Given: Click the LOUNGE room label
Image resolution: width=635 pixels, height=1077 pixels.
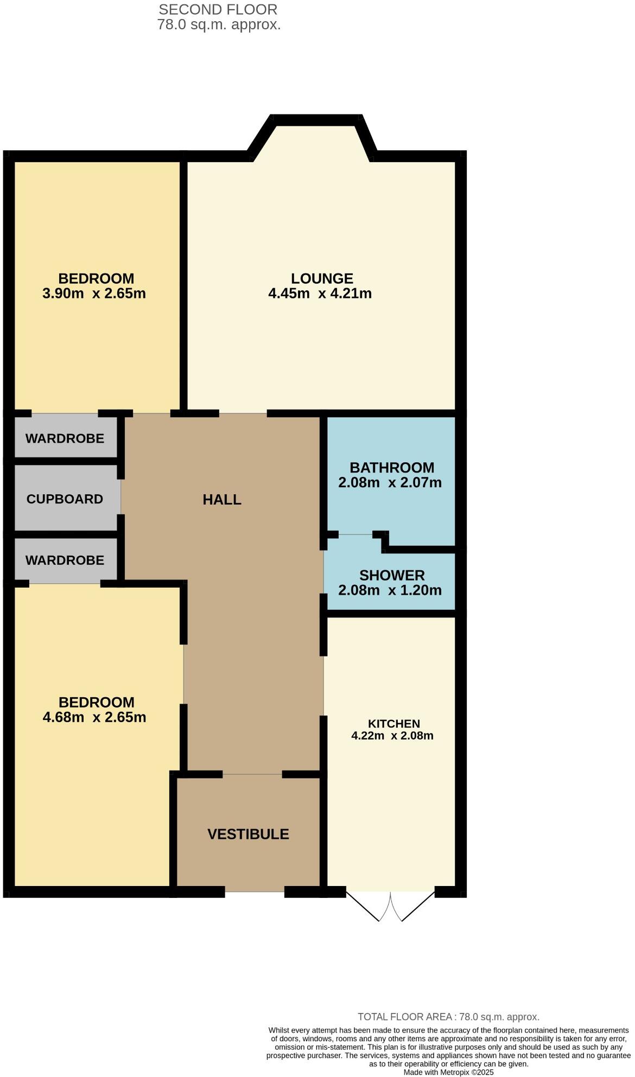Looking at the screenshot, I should click(x=322, y=278).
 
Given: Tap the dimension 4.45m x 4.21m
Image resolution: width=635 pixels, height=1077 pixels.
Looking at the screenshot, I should click(x=320, y=294).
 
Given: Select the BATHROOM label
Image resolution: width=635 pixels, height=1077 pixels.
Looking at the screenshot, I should click(x=391, y=468).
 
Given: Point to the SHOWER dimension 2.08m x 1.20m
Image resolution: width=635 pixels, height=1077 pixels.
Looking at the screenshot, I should click(x=390, y=590).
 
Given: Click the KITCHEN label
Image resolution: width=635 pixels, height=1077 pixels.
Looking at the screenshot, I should click(x=393, y=724).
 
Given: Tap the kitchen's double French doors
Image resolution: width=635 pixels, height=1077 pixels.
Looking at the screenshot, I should click(x=390, y=906).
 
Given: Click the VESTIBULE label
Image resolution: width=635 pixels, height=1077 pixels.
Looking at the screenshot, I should click(x=248, y=834).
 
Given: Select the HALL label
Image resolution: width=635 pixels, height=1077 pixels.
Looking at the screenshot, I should click(x=222, y=500).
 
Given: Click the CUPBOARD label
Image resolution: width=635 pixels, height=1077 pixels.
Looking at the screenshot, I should click(x=65, y=499).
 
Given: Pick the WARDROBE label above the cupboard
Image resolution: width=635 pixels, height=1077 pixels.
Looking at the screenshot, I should click(x=65, y=438).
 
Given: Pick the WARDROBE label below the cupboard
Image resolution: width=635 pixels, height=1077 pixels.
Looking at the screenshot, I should click(x=65, y=560).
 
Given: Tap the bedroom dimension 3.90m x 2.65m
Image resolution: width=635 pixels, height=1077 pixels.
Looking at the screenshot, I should click(x=94, y=294).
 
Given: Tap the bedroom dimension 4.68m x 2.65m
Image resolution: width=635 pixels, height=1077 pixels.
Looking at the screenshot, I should click(x=94, y=717).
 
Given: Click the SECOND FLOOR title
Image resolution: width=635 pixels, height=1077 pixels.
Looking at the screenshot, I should click(x=218, y=9).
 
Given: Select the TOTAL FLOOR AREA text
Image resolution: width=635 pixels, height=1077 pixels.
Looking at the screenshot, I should click(x=448, y=1017).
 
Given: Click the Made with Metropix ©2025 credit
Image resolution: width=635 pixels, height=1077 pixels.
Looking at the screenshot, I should click(x=448, y=1073).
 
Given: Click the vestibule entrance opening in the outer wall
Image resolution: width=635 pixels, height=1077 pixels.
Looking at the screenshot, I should click(x=255, y=891).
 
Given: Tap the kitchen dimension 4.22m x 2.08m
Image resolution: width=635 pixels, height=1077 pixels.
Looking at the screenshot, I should click(x=392, y=736).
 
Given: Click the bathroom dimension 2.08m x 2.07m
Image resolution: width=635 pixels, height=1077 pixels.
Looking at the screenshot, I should click(x=390, y=482).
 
